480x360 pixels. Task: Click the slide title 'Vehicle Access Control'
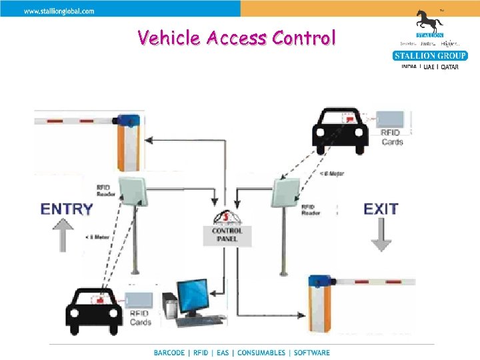tap(236, 37)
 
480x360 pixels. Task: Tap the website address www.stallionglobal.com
tap(59, 11)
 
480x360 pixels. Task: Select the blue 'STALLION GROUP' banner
tap(430, 55)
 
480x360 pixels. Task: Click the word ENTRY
tap(67, 209)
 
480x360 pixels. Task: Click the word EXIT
tap(381, 209)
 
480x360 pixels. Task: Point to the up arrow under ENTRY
tap(63, 235)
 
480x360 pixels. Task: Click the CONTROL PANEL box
tap(227, 235)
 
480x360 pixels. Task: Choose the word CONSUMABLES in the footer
tap(261, 353)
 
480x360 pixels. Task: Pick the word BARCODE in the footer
tap(171, 353)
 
